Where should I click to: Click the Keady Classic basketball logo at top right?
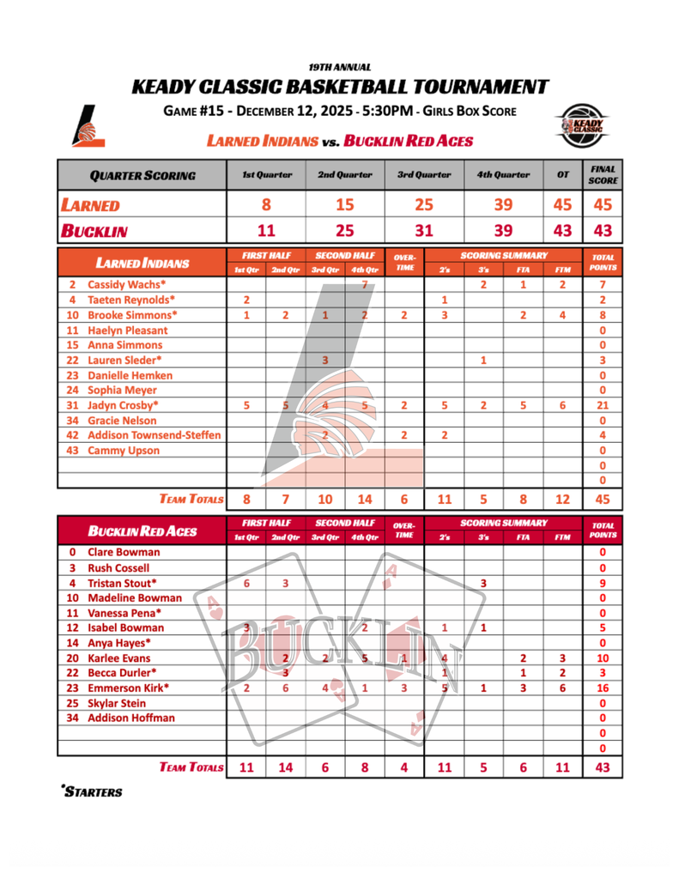click(x=584, y=125)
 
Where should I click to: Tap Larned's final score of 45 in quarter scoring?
click(x=603, y=205)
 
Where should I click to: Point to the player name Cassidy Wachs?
click(x=127, y=284)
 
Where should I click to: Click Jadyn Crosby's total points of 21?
click(x=603, y=405)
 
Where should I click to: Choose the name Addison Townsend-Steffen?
click(x=155, y=435)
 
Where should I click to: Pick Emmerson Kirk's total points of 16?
click(x=603, y=688)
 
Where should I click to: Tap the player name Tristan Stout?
click(x=123, y=583)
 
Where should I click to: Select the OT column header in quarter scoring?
click(x=563, y=175)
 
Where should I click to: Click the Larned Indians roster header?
click(x=142, y=263)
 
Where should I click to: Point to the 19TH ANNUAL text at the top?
click(x=340, y=67)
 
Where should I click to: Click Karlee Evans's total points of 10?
click(x=603, y=658)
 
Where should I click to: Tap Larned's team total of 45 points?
click(x=603, y=499)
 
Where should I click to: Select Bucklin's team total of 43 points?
click(x=603, y=767)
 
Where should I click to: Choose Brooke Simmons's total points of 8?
click(x=603, y=315)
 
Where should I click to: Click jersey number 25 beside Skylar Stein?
click(x=72, y=703)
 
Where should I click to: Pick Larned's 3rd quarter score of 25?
click(x=424, y=205)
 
